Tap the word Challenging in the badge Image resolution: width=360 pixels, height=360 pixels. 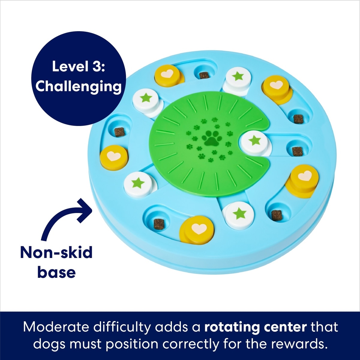coord(78,86)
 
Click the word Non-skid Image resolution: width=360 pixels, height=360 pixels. coord(56,253)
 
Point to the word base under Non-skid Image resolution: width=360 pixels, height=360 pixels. coord(56,272)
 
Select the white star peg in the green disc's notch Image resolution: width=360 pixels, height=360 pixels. coord(254,140)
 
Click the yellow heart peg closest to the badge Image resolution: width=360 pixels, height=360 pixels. coord(165,73)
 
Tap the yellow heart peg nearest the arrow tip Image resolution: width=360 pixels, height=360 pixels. coord(114,156)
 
